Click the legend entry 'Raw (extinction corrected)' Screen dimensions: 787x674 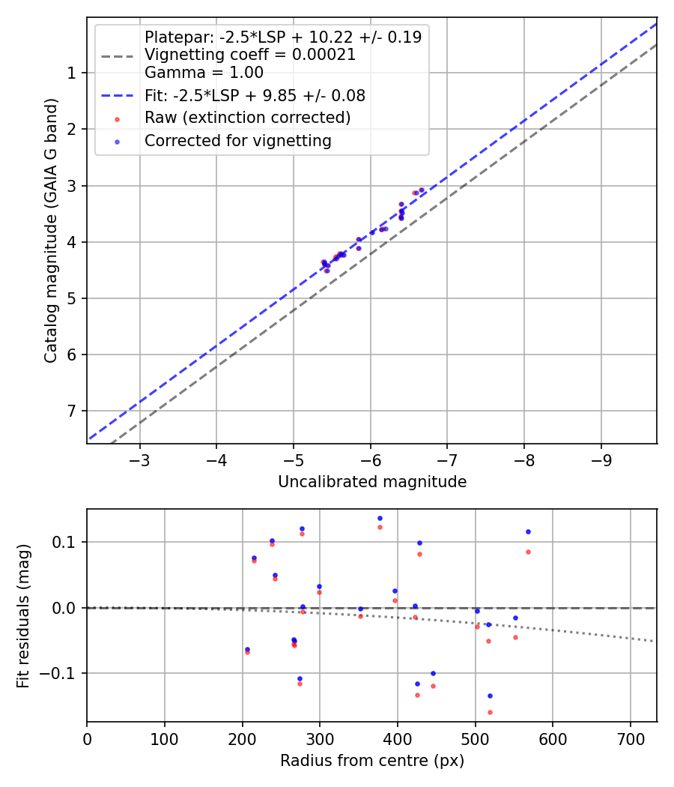click(247, 118)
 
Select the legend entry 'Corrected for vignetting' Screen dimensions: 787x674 click(237, 140)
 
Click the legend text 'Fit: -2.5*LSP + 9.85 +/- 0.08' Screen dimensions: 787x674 click(255, 95)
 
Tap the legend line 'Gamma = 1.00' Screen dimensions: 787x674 click(204, 73)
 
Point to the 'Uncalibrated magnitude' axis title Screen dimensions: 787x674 click(372, 482)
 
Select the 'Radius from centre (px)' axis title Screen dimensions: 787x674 click(372, 761)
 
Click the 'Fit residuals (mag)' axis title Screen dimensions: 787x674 click(24, 615)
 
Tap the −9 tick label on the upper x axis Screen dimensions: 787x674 click(601, 459)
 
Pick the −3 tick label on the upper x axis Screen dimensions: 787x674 click(139, 459)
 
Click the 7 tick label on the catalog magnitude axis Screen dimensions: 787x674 click(70, 411)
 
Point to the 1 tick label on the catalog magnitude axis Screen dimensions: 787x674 click(70, 73)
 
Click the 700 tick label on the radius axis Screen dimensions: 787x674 click(631, 738)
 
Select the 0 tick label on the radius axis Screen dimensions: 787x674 click(87, 738)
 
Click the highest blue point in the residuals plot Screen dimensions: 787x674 click(380, 518)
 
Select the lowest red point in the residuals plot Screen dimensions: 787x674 click(490, 712)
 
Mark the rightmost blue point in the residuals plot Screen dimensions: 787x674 click(528, 531)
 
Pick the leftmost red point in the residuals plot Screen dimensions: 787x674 click(247, 652)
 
